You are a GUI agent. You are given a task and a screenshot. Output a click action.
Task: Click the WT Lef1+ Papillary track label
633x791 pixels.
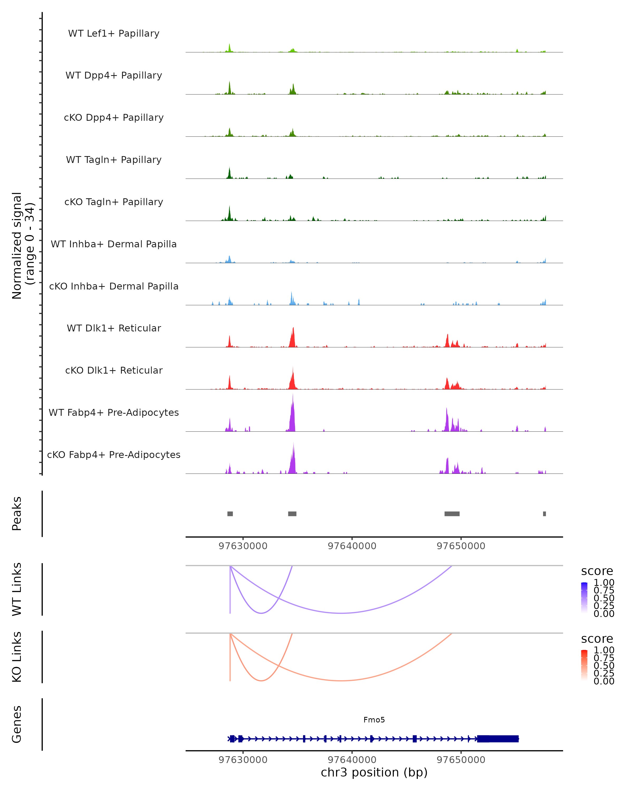coord(114,33)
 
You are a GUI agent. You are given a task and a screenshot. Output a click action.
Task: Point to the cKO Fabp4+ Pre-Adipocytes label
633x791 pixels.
coord(114,455)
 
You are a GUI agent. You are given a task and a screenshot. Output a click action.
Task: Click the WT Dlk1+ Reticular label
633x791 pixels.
coord(114,328)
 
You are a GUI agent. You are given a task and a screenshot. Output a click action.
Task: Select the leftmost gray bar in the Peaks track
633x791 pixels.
coord(230,514)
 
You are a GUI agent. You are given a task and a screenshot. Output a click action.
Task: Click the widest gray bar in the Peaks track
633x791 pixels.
coord(452,514)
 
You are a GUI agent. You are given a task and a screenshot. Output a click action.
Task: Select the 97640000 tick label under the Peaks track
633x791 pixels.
coord(352,546)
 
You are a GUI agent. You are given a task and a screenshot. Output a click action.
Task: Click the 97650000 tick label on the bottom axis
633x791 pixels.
coord(461,760)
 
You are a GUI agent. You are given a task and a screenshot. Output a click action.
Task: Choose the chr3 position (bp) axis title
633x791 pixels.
coord(374,773)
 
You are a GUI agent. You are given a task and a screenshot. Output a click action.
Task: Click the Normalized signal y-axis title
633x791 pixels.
coord(23,245)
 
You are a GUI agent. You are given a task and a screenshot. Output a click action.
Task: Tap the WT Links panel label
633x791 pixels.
coord(17,589)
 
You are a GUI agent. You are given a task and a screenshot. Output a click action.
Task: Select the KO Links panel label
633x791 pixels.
coord(17,657)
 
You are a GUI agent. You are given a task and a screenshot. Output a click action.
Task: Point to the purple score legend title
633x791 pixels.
coord(597,571)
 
